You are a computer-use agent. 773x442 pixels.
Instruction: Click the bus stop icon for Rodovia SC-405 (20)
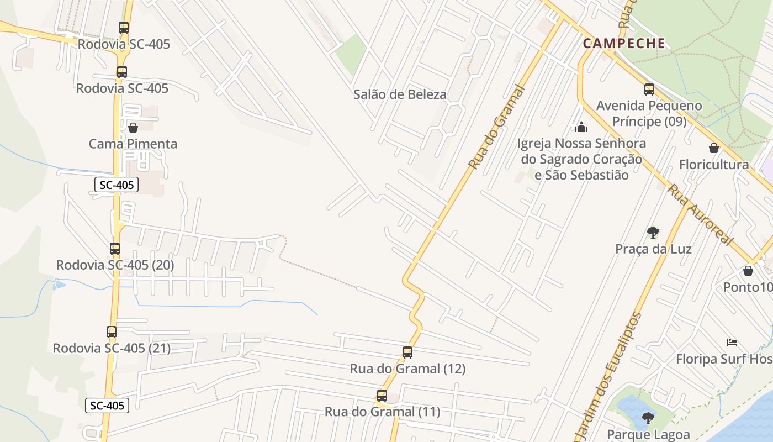tap(115, 249)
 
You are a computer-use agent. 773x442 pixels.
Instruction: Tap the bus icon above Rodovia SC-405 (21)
tap(112, 332)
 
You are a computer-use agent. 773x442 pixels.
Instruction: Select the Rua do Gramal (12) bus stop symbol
tap(407, 352)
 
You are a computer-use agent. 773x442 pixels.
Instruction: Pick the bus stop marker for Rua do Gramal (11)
tap(382, 396)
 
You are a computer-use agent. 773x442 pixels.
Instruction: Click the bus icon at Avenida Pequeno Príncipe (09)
tap(649, 89)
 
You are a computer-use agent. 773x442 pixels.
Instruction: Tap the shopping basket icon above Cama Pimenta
tap(133, 128)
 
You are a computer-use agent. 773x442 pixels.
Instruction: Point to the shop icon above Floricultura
tap(714, 148)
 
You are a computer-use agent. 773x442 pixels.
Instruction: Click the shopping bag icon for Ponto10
tap(748, 271)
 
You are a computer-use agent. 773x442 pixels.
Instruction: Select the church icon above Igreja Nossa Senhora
tap(581, 128)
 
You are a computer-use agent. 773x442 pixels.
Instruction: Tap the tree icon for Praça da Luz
tap(653, 232)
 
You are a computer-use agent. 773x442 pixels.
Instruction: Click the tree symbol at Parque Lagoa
tap(648, 418)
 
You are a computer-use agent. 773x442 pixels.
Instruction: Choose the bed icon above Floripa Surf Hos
tap(732, 343)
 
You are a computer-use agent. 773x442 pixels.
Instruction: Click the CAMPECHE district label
tap(624, 44)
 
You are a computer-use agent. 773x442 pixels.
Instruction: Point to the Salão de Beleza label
tap(400, 94)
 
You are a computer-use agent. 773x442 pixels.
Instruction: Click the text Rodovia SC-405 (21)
tap(112, 349)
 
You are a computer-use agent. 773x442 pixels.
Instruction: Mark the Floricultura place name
tap(714, 165)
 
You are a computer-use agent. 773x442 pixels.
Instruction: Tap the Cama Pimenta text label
tap(133, 144)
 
